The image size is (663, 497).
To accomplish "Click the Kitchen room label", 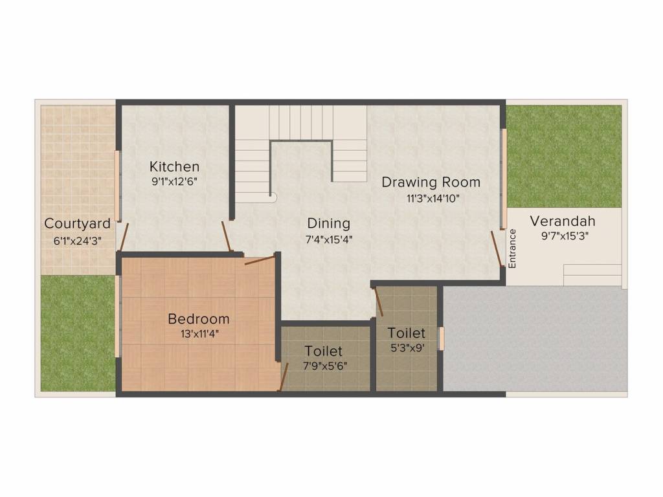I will click(174, 167).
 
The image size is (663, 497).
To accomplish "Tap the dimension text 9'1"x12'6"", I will click(174, 182).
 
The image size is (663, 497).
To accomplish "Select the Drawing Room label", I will click(431, 182).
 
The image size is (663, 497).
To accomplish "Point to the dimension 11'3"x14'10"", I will click(433, 199).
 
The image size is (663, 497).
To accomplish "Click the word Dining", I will click(328, 223).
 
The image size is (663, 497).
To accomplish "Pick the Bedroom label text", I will click(198, 319).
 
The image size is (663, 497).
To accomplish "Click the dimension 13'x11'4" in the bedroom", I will click(198, 335).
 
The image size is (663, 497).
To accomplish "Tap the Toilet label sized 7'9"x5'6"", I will click(323, 351).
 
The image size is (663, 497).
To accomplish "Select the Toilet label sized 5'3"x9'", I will click(406, 333).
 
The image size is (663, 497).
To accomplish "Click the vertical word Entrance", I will click(512, 248).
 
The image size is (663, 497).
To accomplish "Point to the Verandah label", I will click(562, 221).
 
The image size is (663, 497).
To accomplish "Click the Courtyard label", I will click(77, 224).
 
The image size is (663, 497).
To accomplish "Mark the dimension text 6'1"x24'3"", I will click(77, 239).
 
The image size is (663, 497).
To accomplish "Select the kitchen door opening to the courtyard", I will click(124, 237).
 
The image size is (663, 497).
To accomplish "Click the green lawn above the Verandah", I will click(563, 155).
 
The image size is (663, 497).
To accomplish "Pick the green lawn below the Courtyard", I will click(78, 333).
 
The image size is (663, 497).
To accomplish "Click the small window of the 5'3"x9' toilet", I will click(442, 338).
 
